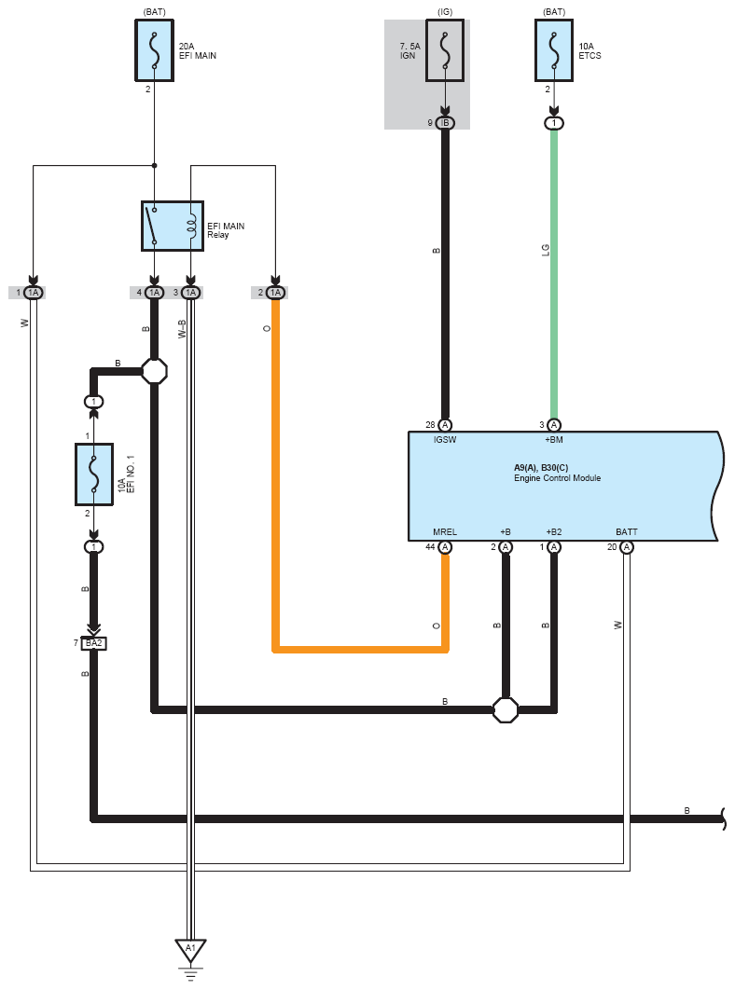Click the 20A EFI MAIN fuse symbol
(154, 50)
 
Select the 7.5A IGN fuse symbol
(445, 50)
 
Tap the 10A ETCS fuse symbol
(554, 50)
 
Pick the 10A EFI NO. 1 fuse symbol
(94, 474)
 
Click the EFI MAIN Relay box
(173, 226)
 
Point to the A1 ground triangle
(191, 949)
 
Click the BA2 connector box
(93, 643)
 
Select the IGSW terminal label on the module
(445, 439)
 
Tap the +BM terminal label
(554, 439)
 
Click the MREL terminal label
(445, 531)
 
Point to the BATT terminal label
(627, 531)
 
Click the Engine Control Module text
(558, 478)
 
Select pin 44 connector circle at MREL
(445, 547)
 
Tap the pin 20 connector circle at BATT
(627, 547)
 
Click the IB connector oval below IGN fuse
(445, 123)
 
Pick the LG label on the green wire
(546, 250)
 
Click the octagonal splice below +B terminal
(506, 709)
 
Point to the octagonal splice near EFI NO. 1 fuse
(154, 371)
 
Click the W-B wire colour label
(182, 329)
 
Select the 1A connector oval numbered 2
(275, 293)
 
